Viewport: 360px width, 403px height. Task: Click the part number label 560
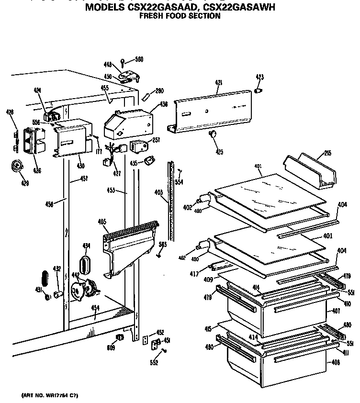tap(139, 59)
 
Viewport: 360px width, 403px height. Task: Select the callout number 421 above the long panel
tap(218, 83)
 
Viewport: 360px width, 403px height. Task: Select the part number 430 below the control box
tap(80, 166)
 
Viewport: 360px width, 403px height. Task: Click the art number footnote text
tap(50, 395)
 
